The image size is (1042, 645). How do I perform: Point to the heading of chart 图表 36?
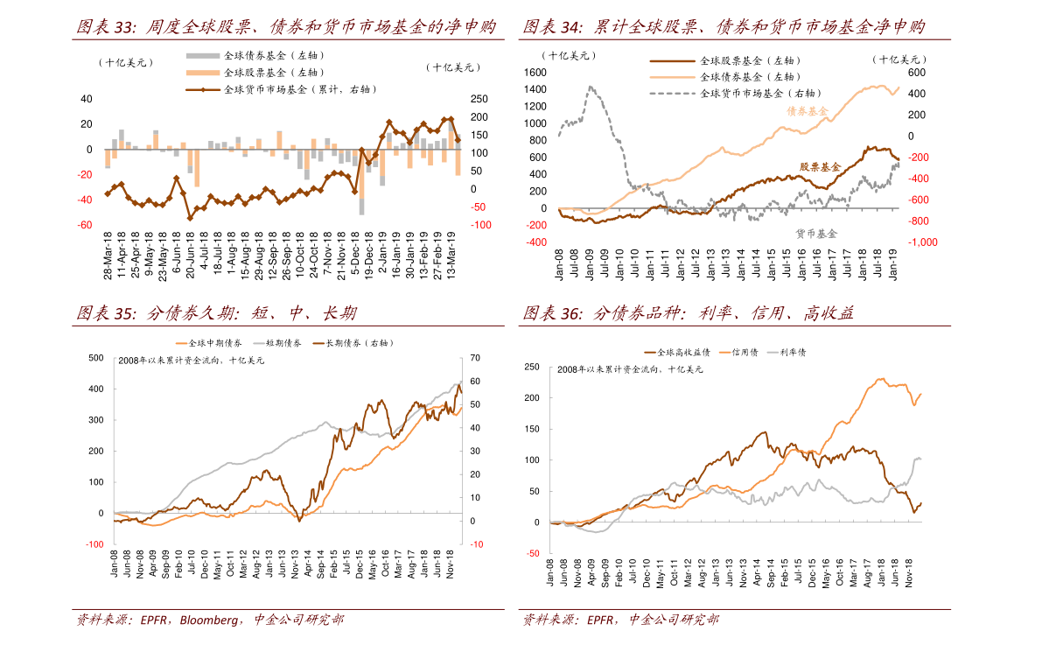[689, 314]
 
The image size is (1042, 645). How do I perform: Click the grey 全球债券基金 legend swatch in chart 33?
[203, 55]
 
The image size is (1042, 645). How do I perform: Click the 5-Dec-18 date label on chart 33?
[355, 255]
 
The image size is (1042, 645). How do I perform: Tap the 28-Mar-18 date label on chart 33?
[108, 255]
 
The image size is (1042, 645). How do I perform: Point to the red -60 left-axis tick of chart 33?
[86, 225]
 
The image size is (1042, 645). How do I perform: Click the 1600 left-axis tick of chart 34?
[535, 73]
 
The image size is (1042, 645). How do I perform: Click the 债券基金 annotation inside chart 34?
[807, 112]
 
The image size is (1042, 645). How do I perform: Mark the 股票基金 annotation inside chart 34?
[819, 166]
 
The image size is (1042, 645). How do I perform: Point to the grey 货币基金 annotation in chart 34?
[815, 234]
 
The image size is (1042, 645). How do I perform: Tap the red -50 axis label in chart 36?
[533, 553]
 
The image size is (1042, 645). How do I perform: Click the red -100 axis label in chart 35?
[94, 544]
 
